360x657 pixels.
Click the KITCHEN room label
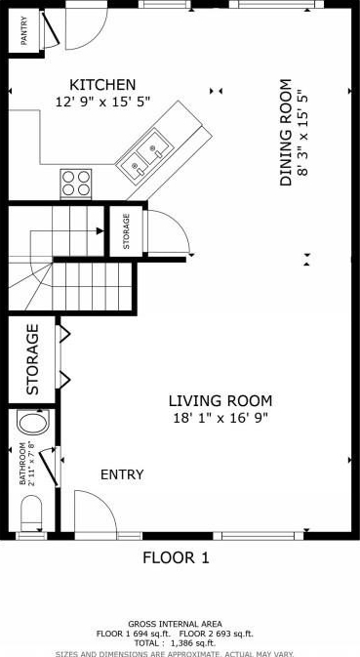click(x=102, y=85)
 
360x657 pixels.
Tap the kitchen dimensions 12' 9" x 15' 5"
click(x=102, y=102)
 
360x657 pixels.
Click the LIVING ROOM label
click(x=220, y=401)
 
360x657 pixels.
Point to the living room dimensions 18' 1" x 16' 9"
click(x=220, y=418)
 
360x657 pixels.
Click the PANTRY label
click(x=24, y=30)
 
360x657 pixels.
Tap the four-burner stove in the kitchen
click(x=76, y=184)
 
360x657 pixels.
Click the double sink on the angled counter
click(x=144, y=152)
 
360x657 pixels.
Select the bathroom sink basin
click(x=33, y=422)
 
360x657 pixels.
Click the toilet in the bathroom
click(x=31, y=513)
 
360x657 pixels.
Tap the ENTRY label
click(x=122, y=474)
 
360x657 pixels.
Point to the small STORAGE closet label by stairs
click(x=127, y=231)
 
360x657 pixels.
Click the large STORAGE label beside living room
click(x=32, y=359)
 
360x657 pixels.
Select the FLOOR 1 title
click(x=176, y=558)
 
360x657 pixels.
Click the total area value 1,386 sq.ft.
click(x=193, y=642)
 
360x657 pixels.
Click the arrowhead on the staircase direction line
click(x=100, y=230)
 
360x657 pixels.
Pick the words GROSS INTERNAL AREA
click(x=175, y=625)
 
